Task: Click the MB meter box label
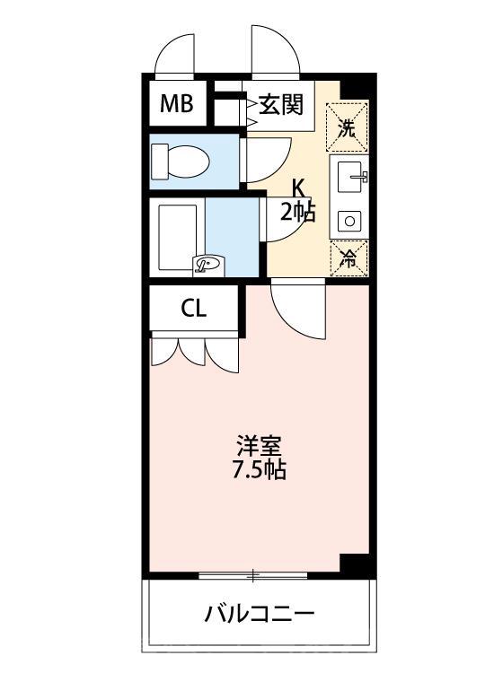coord(177,105)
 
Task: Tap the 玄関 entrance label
coord(281,105)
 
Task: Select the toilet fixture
coord(181,162)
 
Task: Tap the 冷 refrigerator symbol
coord(348,257)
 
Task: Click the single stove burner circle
coord(347,220)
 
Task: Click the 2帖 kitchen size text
coord(297,212)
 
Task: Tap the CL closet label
coord(193,310)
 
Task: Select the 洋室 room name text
coord(260,445)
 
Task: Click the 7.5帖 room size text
coord(260,469)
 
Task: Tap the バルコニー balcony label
coord(259,615)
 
